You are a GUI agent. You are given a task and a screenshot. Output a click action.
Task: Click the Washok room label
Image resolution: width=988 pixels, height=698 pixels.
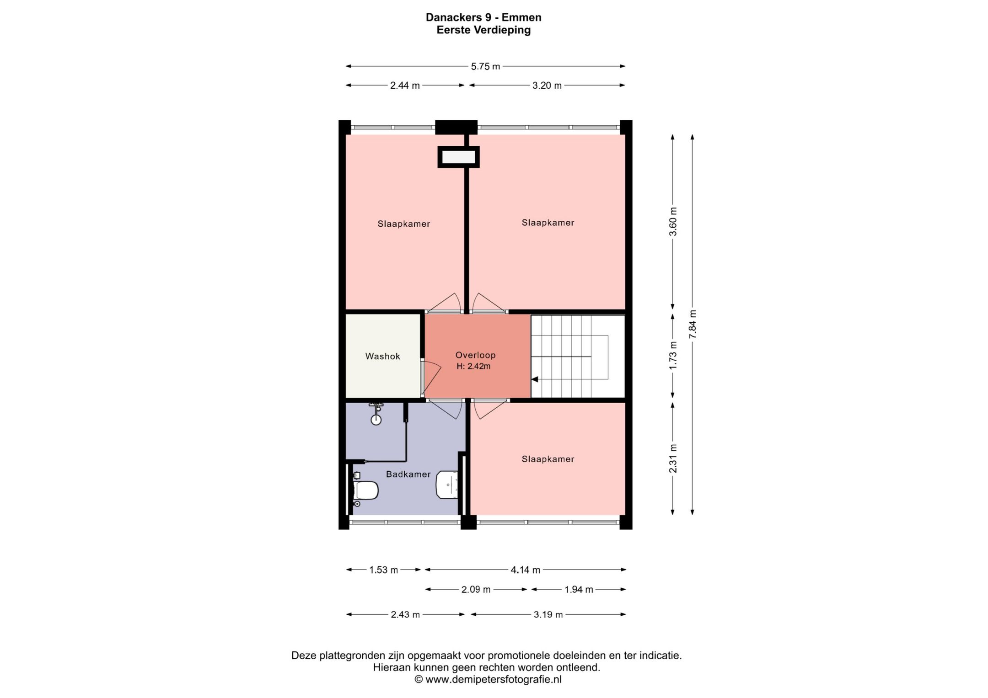point(382,357)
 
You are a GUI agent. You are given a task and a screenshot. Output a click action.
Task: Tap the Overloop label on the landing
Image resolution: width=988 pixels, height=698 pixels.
point(475,355)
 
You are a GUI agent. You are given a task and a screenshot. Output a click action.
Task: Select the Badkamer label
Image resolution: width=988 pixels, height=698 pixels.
point(408,474)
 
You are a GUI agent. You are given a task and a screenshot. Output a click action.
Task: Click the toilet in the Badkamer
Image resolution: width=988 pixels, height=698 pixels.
point(365,490)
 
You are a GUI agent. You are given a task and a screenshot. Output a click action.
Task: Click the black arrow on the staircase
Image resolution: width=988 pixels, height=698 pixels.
point(534,379)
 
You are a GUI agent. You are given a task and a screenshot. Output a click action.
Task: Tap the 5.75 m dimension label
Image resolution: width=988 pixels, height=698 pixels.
point(485,66)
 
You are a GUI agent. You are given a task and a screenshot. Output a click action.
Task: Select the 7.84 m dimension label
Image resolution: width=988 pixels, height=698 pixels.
point(693,324)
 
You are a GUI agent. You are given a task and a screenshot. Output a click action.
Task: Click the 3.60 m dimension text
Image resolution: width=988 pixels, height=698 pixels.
point(673,221)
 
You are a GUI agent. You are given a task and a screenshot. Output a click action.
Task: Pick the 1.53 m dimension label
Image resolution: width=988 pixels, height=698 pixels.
point(383,570)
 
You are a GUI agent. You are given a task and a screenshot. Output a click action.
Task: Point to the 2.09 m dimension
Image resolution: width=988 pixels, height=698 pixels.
point(476,590)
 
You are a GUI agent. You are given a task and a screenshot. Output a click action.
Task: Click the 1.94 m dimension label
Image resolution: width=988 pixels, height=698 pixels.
point(579,590)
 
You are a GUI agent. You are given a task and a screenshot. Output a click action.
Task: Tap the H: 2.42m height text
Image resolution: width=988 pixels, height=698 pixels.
point(473,366)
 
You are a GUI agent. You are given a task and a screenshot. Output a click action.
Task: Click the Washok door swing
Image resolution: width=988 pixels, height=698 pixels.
point(431,378)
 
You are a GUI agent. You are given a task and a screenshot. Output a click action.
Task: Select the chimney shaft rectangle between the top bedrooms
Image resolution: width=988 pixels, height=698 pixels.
point(458,157)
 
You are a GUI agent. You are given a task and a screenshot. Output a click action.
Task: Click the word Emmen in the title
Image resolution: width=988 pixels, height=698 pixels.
point(521,17)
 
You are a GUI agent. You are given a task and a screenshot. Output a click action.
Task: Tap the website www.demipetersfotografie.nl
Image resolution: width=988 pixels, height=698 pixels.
point(493,679)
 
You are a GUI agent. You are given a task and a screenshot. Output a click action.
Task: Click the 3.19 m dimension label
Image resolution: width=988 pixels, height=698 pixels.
point(548,615)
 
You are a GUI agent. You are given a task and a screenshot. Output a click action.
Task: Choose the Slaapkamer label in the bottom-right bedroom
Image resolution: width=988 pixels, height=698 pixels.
point(548,459)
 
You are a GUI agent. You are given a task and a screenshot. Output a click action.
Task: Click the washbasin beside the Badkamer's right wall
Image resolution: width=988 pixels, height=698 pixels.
point(447,485)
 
